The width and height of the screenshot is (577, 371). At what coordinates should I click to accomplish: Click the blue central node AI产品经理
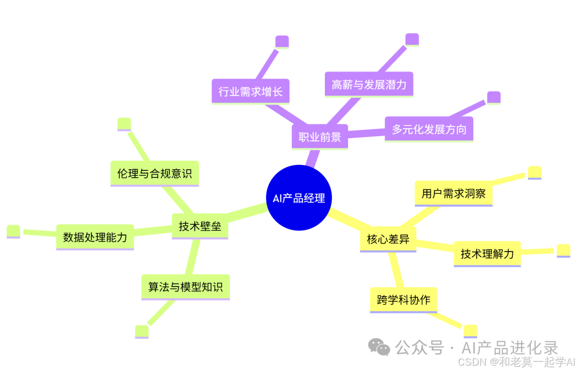point(299,198)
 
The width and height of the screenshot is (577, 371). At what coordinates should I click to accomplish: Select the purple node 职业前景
point(319,137)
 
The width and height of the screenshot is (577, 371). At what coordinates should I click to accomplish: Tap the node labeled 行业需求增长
point(250,91)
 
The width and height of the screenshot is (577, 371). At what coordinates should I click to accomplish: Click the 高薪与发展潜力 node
point(369,84)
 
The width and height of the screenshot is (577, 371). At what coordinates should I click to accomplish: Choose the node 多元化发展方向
point(428,129)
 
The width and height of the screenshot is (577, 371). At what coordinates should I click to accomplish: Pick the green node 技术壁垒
point(200,226)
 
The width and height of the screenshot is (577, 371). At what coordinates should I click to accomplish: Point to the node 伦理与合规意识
point(154,173)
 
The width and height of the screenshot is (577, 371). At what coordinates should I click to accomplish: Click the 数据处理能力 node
point(95,237)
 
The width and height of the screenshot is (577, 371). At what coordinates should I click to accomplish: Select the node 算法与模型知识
point(185,287)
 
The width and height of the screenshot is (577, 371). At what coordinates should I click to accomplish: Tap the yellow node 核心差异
point(388,239)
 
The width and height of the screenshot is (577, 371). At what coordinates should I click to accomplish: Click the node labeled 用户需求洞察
point(453,193)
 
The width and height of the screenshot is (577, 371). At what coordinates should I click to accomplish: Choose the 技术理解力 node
point(487,254)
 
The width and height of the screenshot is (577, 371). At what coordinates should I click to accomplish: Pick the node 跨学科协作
point(403,299)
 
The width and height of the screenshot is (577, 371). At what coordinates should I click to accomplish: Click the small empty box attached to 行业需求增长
point(282,42)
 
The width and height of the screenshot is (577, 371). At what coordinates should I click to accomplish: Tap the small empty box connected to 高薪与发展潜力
point(412,40)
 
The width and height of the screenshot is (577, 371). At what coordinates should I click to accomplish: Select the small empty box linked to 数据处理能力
point(13,231)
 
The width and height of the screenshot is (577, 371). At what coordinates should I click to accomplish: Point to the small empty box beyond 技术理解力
point(563,250)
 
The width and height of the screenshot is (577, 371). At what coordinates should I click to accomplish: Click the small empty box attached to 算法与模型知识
point(142,331)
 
